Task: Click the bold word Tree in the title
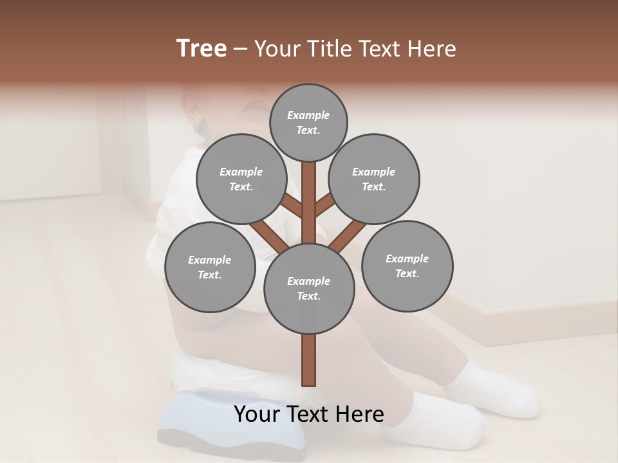click(201, 49)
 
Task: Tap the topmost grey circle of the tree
click(308, 122)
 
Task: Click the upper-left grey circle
click(241, 179)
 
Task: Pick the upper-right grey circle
click(374, 179)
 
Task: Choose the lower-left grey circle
click(210, 267)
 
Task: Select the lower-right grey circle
click(407, 266)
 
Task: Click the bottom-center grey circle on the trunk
click(309, 288)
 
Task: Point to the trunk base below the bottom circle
click(309, 360)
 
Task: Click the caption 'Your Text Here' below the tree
click(309, 414)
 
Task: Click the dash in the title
click(240, 50)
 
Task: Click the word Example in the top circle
click(308, 115)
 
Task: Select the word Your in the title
click(275, 49)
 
